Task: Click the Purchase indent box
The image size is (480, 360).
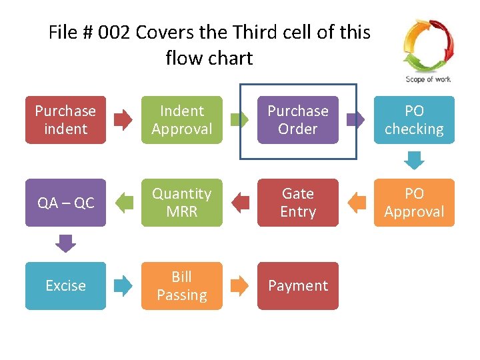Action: point(65,120)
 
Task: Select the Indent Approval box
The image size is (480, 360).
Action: point(181,120)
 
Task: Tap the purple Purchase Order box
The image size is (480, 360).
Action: point(298,120)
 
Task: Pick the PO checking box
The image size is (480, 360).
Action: point(414,120)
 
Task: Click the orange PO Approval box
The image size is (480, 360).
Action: point(414,203)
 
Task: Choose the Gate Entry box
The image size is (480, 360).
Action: point(298,203)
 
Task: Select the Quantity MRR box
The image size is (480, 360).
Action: point(181,203)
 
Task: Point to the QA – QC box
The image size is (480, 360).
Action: point(65,203)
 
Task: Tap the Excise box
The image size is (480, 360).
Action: point(65,285)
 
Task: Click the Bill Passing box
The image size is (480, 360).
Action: point(181,285)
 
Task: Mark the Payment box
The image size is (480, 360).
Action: point(298,285)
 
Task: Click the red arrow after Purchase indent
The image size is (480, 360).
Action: point(123,120)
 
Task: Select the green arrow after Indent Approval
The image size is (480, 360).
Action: point(239,120)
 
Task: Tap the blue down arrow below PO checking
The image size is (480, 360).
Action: point(414,161)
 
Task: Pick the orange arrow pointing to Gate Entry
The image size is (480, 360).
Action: point(357,203)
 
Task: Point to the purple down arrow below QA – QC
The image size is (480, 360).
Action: point(65,243)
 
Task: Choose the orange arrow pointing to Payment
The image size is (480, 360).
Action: point(239,286)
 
